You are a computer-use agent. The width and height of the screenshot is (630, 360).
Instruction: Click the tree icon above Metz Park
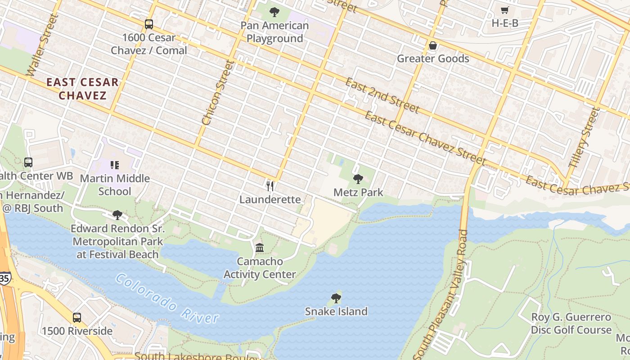358,179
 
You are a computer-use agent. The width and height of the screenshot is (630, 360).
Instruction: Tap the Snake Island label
336,311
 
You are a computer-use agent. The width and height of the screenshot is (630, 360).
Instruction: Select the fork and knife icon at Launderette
270,186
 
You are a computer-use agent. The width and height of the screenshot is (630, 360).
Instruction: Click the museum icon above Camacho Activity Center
260,247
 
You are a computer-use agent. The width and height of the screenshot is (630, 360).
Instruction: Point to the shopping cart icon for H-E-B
505,10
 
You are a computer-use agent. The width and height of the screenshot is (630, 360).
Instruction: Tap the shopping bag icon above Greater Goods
433,45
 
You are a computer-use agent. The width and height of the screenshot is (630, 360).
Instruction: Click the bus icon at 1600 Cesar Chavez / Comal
149,24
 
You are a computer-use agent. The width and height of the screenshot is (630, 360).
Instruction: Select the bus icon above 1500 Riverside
77,318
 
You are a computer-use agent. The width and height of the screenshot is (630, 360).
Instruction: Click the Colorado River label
166,299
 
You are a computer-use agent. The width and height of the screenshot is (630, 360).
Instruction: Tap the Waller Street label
43,45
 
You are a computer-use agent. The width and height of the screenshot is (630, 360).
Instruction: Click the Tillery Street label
584,137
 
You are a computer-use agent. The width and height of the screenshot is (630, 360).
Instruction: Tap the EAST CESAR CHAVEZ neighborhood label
83,89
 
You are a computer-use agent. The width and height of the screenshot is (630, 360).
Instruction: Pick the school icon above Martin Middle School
115,165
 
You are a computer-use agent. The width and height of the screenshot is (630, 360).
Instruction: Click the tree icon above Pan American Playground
274,12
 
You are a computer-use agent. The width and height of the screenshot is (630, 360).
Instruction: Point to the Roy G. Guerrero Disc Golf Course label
571,323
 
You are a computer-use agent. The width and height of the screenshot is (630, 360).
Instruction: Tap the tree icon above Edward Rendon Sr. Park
117,215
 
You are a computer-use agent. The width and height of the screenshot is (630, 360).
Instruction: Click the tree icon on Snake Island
336,298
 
